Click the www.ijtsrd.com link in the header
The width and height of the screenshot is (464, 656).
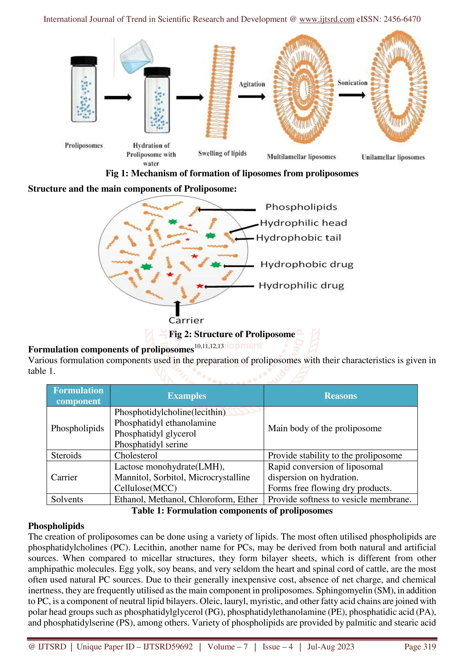click(326, 19)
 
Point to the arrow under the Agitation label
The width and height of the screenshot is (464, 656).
click(251, 97)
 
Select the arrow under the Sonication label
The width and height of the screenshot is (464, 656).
click(352, 95)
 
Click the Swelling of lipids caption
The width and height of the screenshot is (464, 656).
click(222, 153)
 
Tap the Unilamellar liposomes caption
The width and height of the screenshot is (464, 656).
click(393, 157)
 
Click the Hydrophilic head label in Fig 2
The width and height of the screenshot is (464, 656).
click(303, 223)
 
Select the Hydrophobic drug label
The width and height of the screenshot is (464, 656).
click(307, 264)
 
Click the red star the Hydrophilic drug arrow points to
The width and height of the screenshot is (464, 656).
click(200, 286)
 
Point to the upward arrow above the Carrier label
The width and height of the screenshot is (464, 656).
click(178, 308)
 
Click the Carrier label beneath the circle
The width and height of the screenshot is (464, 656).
click(186, 320)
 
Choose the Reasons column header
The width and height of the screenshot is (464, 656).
click(340, 396)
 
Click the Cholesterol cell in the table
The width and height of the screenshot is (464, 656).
click(136, 455)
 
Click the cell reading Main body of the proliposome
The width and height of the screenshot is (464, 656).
click(324, 428)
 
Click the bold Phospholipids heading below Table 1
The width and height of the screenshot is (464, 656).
click(56, 526)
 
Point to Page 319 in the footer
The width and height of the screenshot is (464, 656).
click(420, 646)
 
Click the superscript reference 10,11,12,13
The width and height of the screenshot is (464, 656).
click(209, 346)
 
